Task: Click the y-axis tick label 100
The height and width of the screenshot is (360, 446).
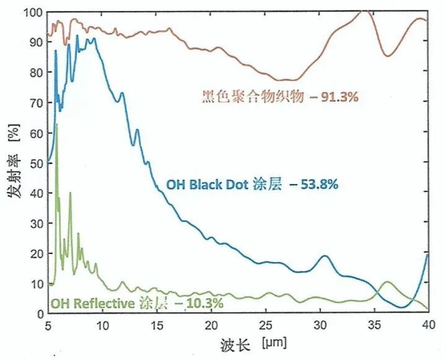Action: (x=31, y=12)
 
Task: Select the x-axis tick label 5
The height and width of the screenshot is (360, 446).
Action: (x=48, y=325)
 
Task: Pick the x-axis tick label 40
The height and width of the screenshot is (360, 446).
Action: (x=427, y=325)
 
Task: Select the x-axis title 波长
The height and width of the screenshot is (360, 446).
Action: (x=234, y=343)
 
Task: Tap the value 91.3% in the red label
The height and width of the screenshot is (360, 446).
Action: (x=340, y=97)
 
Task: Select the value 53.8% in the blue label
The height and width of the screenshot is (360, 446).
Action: (x=318, y=185)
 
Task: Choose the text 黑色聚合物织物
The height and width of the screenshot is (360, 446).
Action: (x=253, y=97)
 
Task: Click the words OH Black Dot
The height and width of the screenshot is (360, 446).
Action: (x=207, y=185)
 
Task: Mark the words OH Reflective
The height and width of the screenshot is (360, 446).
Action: (x=92, y=304)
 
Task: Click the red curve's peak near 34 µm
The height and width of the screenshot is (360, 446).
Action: (x=365, y=12)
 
